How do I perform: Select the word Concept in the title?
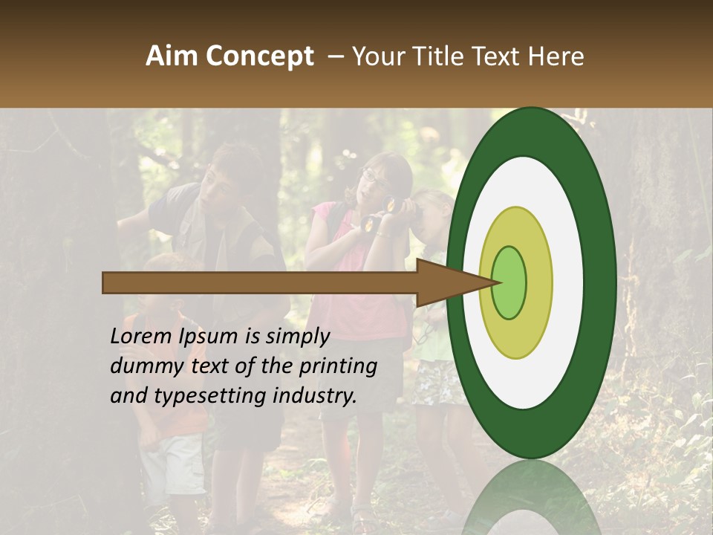259,57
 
